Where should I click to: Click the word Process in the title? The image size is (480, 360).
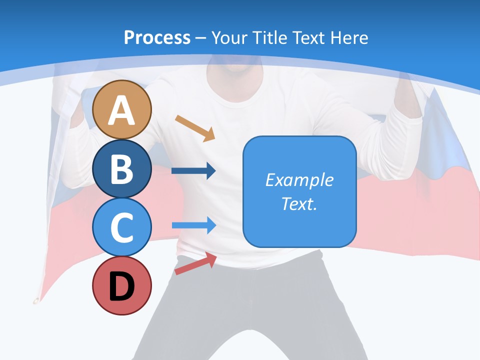point(157,37)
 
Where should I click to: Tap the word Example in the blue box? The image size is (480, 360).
point(299,180)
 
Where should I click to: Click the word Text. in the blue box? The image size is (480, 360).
point(299,203)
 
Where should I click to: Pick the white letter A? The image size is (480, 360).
point(122,110)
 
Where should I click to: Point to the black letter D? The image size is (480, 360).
point(122,287)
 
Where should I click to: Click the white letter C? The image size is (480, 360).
point(122,228)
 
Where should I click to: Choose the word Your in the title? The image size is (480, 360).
point(229,37)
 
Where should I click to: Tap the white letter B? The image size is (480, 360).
point(122,169)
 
